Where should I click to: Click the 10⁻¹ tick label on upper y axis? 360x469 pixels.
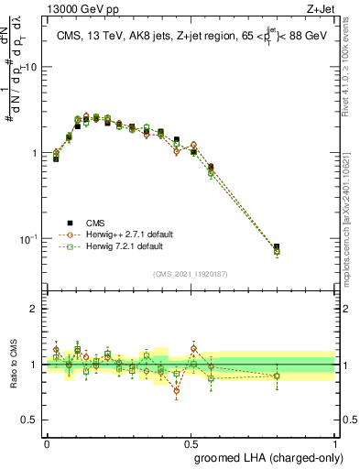(x=28, y=239)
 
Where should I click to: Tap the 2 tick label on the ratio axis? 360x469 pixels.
(x=34, y=309)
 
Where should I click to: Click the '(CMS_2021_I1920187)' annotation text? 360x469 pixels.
(x=191, y=273)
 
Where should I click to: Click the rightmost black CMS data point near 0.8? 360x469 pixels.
(x=277, y=246)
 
